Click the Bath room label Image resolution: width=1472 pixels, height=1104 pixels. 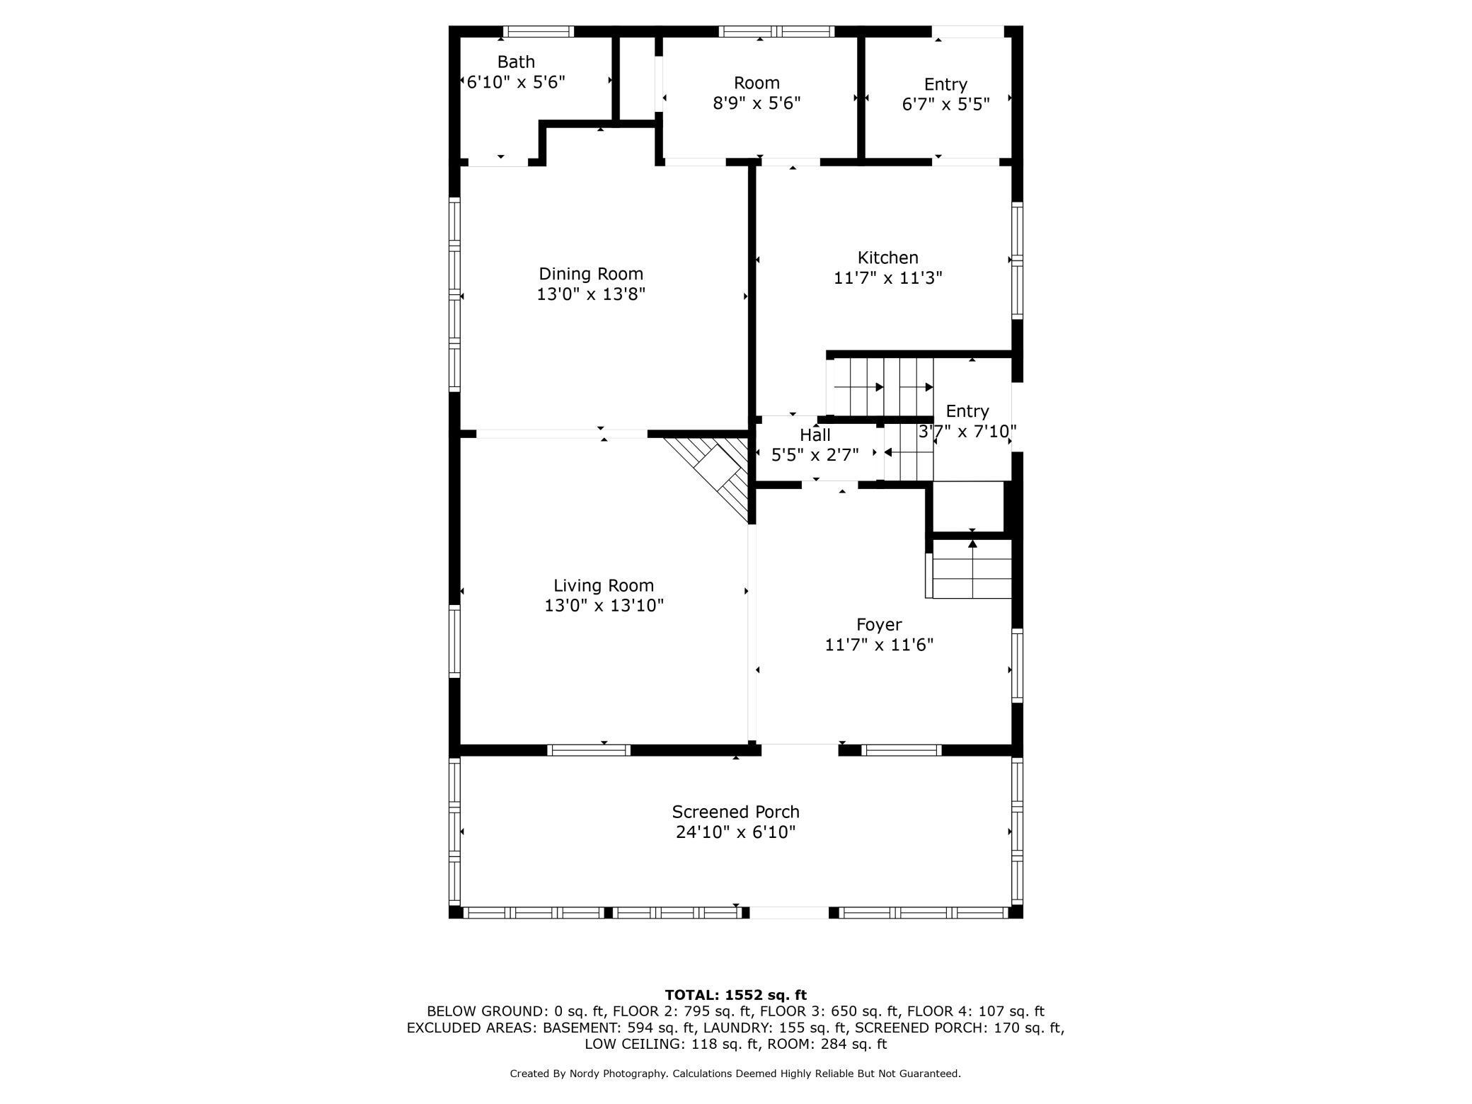(516, 62)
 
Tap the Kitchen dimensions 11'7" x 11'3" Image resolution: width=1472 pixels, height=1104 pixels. (887, 278)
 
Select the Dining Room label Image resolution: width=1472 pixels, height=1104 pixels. (591, 274)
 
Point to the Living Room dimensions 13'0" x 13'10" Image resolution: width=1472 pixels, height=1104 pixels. (604, 606)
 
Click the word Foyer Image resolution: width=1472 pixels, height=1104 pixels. (879, 624)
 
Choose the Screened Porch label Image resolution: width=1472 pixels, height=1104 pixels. (735, 812)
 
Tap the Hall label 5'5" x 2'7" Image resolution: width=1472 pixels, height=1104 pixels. (815, 445)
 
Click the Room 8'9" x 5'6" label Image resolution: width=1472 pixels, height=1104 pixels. (757, 93)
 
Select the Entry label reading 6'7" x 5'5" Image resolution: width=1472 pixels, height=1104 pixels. (945, 95)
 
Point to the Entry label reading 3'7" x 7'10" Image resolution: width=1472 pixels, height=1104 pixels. (967, 421)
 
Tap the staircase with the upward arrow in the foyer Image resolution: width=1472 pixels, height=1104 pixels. (972, 569)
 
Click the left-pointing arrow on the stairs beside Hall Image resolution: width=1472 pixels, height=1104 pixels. (888, 452)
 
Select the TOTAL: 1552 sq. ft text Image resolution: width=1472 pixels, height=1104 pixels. (735, 995)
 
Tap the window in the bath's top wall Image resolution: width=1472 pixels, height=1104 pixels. (538, 31)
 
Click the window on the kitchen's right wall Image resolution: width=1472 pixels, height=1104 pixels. (1017, 260)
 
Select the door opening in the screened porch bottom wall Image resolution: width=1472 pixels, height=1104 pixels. (789, 913)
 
